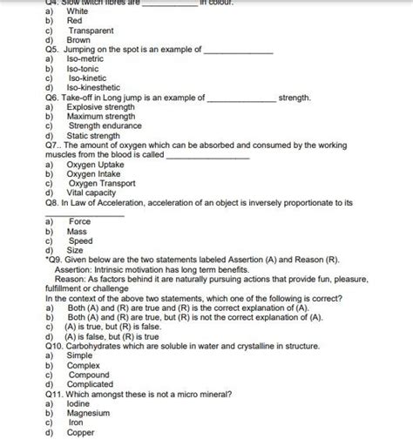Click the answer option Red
tap(75, 20)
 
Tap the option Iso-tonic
tap(84, 69)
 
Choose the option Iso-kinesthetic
tap(95, 88)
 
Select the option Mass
tap(77, 233)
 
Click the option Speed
tap(80, 242)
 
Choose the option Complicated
tap(90, 384)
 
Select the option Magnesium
tap(90, 413)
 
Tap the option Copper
tap(80, 433)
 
